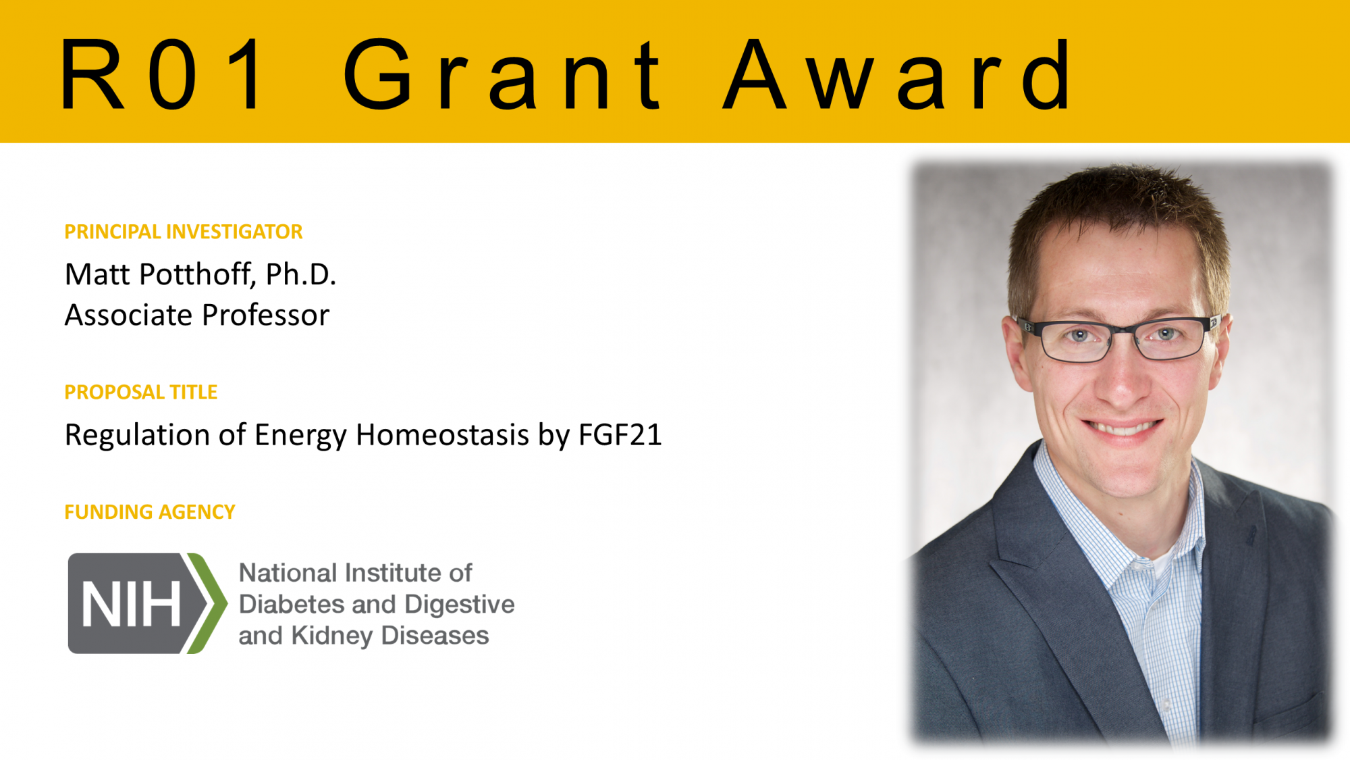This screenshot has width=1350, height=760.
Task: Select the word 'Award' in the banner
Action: click(898, 74)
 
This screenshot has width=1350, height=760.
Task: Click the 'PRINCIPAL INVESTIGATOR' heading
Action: click(183, 232)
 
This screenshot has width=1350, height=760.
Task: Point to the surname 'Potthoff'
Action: click(196, 274)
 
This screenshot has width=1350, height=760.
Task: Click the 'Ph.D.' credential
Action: click(300, 274)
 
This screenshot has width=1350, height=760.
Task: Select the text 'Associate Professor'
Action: click(196, 315)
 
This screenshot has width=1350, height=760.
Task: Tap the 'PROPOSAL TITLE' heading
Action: click(140, 392)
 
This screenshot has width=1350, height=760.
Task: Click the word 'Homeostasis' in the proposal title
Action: click(442, 434)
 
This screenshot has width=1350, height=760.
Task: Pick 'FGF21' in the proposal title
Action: click(620, 434)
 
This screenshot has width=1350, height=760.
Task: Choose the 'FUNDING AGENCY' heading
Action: click(149, 512)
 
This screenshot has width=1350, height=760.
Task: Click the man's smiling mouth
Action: click(1122, 428)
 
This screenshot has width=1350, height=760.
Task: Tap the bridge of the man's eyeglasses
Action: click(1123, 331)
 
